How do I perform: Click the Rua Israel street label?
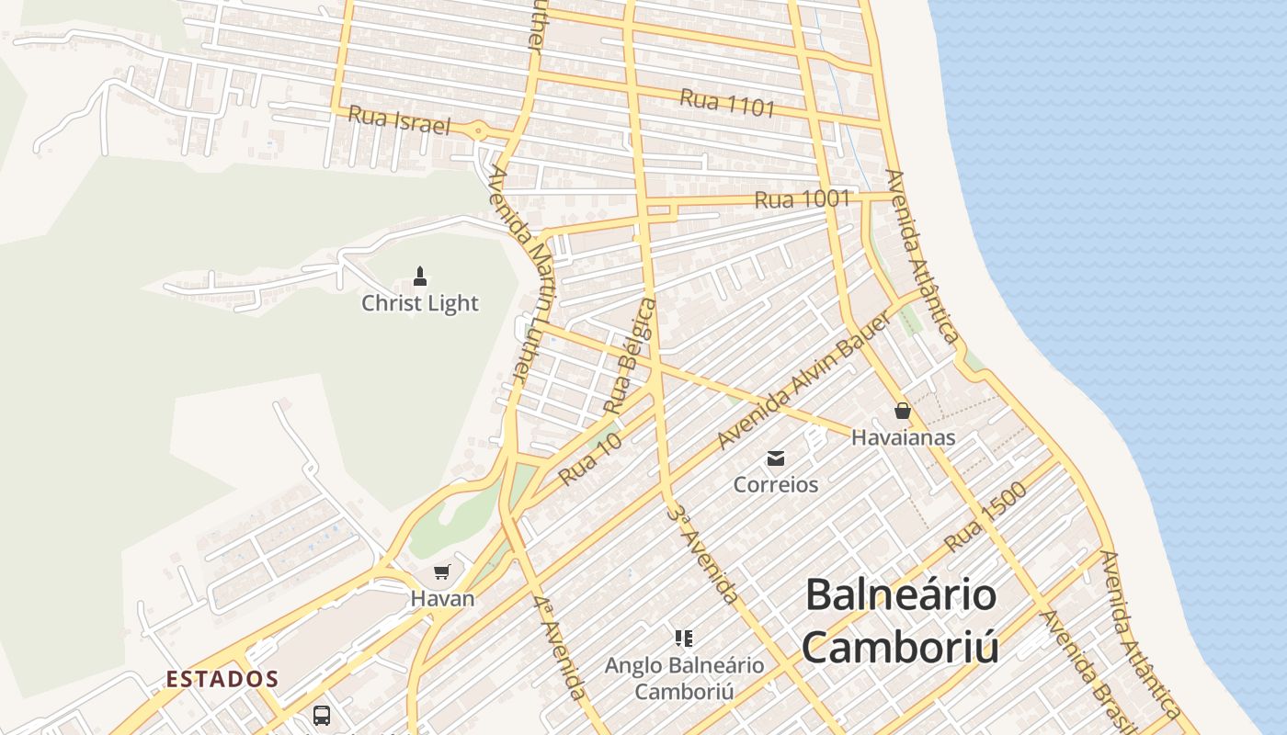click(x=399, y=120)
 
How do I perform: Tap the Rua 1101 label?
click(x=727, y=103)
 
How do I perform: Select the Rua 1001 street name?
click(x=802, y=198)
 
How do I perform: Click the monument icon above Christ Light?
click(x=420, y=276)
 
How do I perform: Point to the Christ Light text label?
click(x=420, y=303)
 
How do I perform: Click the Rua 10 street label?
click(x=590, y=459)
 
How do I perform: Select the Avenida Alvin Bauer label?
click(x=803, y=380)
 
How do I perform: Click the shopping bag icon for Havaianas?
click(x=903, y=411)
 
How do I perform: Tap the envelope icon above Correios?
click(x=776, y=458)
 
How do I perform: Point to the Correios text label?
click(x=776, y=484)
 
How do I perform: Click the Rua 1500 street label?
click(x=985, y=516)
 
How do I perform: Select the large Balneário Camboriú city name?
click(x=901, y=620)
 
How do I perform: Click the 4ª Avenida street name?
click(x=558, y=648)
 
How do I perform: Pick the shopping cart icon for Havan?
click(x=442, y=572)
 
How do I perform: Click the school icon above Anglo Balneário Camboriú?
click(x=683, y=638)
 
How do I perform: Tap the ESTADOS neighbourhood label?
click(x=222, y=680)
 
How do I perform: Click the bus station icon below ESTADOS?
click(x=322, y=715)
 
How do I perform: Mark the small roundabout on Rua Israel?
click(x=478, y=131)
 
